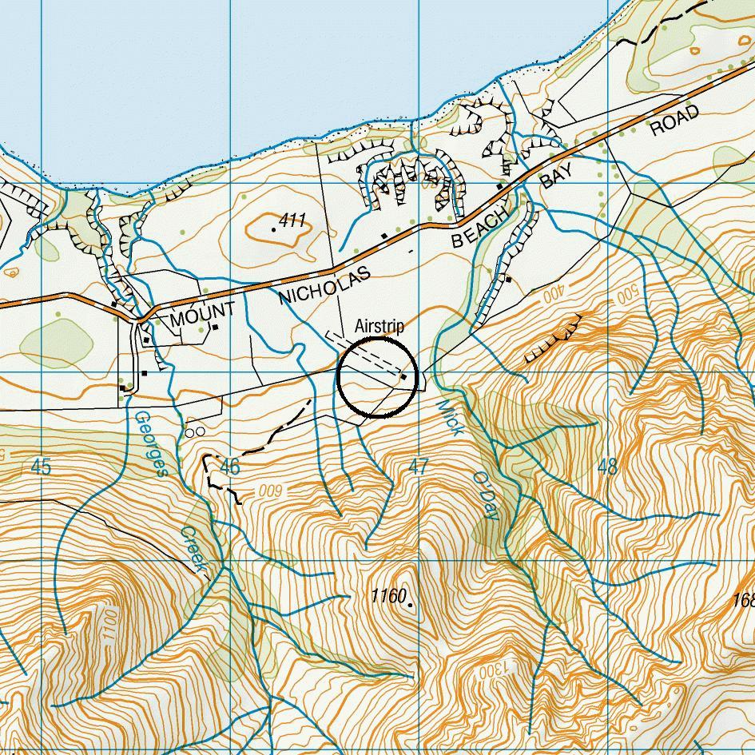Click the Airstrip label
click(379, 327)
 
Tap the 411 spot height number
click(293, 221)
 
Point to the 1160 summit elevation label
click(389, 595)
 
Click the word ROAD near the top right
click(675, 120)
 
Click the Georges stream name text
click(150, 443)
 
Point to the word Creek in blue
click(194, 550)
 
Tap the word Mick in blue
click(451, 417)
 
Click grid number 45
click(41, 467)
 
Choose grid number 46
click(229, 467)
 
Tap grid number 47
click(419, 467)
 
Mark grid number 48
click(607, 467)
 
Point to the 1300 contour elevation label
click(488, 671)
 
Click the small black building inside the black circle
click(403, 376)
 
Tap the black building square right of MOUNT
click(216, 327)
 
